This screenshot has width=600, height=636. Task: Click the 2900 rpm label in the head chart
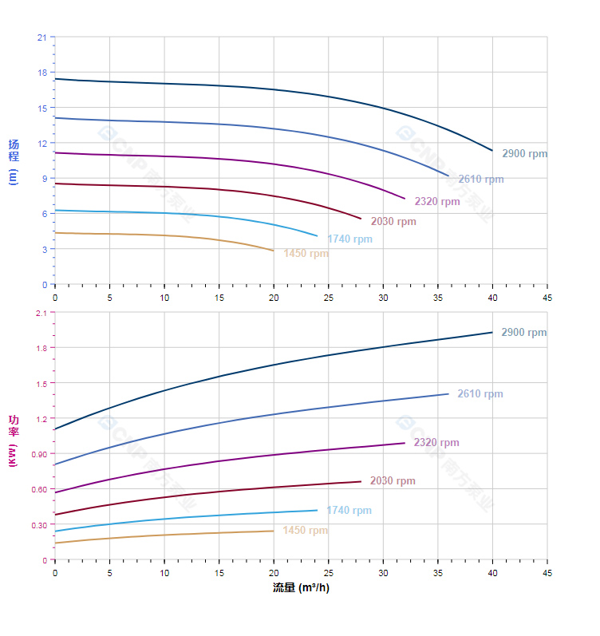[524, 153]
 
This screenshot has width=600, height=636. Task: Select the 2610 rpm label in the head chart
[480, 179]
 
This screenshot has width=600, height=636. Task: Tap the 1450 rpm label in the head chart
[306, 254]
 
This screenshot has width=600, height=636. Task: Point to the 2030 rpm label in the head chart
[393, 221]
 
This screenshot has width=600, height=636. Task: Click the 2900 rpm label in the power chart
[523, 332]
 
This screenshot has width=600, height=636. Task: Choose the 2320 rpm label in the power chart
[436, 443]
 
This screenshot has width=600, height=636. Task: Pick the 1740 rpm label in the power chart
[349, 511]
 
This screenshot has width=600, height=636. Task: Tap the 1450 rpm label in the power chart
[305, 531]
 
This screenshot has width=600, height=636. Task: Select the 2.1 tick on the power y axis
[41, 313]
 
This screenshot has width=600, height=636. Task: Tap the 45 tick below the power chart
[547, 573]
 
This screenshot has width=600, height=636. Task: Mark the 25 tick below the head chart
[328, 298]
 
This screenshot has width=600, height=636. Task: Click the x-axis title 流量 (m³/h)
[300, 588]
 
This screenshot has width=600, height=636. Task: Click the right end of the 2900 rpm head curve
[492, 150]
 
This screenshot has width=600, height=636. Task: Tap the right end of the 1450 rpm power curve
[274, 531]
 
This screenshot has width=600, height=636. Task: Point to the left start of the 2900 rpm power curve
[55, 429]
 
